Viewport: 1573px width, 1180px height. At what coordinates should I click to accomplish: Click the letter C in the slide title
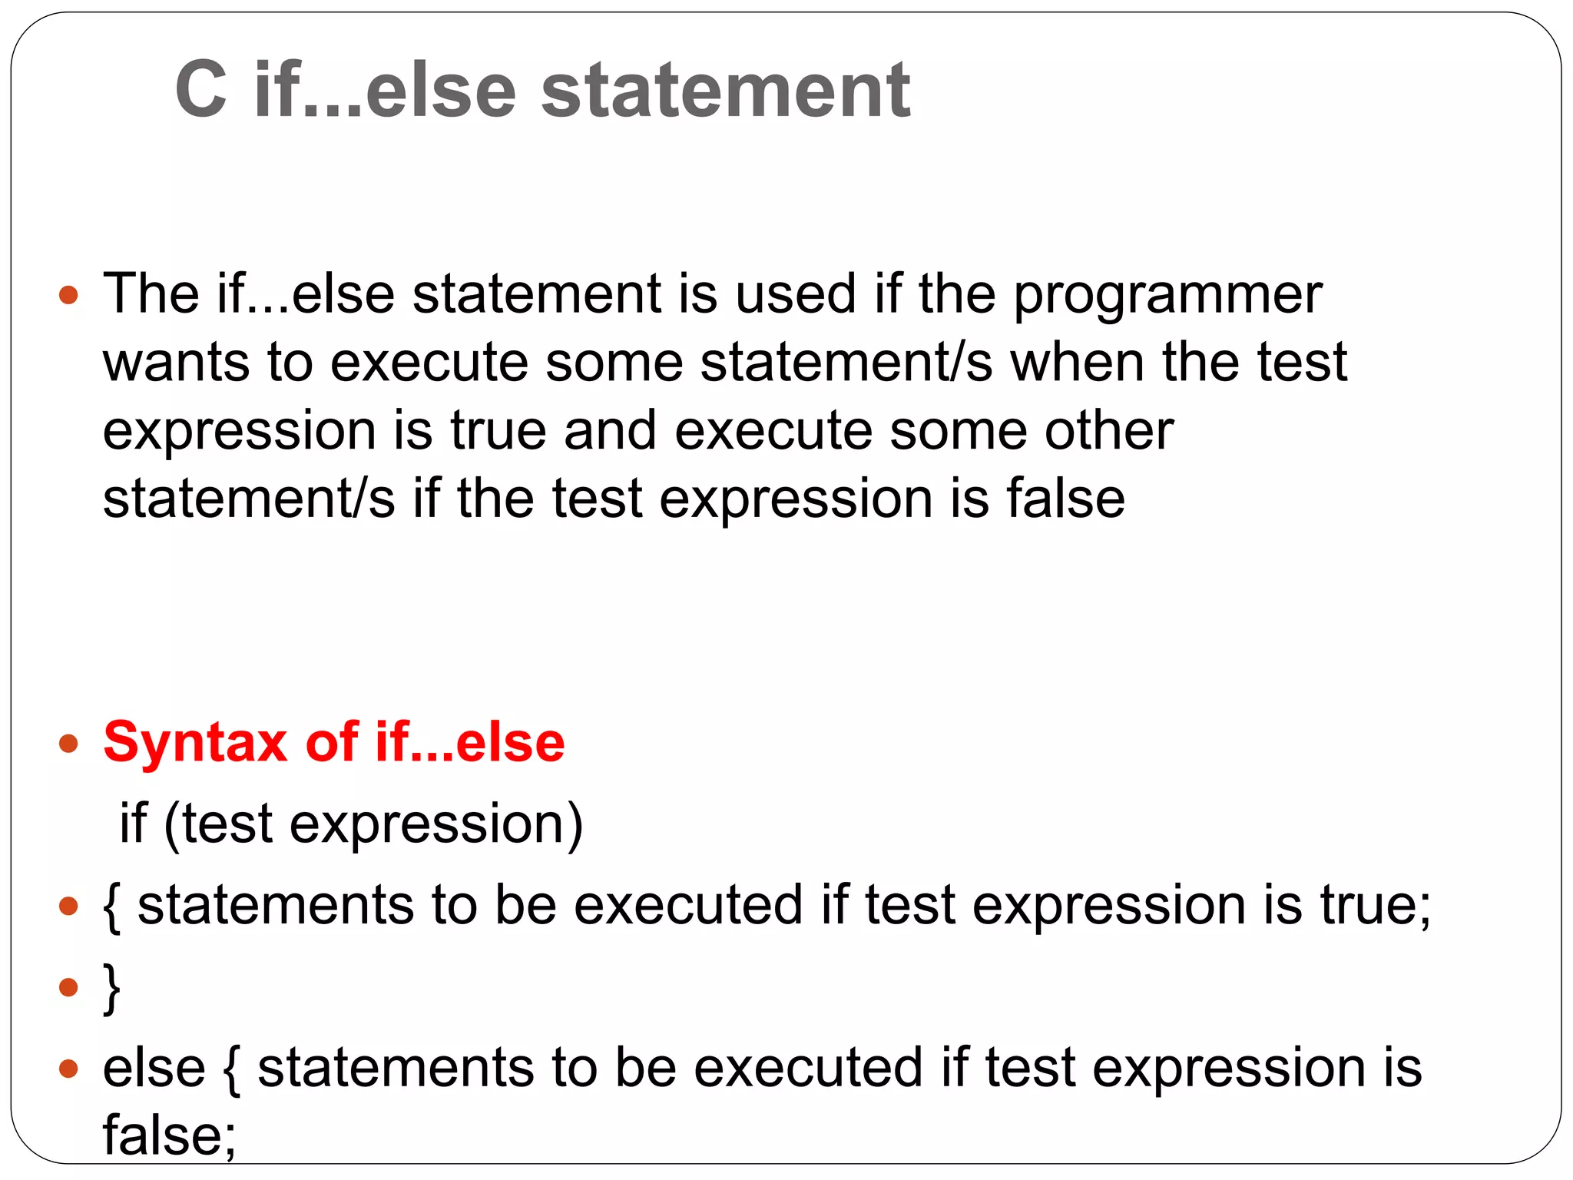click(201, 91)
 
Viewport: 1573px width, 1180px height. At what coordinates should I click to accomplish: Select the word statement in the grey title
click(726, 91)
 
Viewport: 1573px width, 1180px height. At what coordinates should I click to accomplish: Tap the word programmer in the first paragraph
click(1167, 295)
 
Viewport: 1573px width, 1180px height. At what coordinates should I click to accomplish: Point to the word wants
click(176, 363)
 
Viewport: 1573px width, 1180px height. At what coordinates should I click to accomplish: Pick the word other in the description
click(1108, 430)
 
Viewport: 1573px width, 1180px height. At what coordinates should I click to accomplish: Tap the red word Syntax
click(195, 744)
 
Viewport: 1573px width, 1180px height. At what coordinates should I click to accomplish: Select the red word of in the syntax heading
click(332, 742)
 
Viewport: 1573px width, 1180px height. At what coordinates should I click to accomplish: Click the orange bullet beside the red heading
click(69, 744)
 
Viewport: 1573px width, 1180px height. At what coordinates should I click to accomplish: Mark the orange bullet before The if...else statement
click(69, 295)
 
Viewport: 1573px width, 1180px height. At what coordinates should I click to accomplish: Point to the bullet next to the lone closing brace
click(69, 986)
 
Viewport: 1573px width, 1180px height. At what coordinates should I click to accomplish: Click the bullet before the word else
click(69, 1068)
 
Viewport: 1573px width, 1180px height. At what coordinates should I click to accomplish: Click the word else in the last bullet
click(154, 1068)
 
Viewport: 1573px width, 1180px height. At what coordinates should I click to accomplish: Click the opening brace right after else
click(231, 1069)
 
